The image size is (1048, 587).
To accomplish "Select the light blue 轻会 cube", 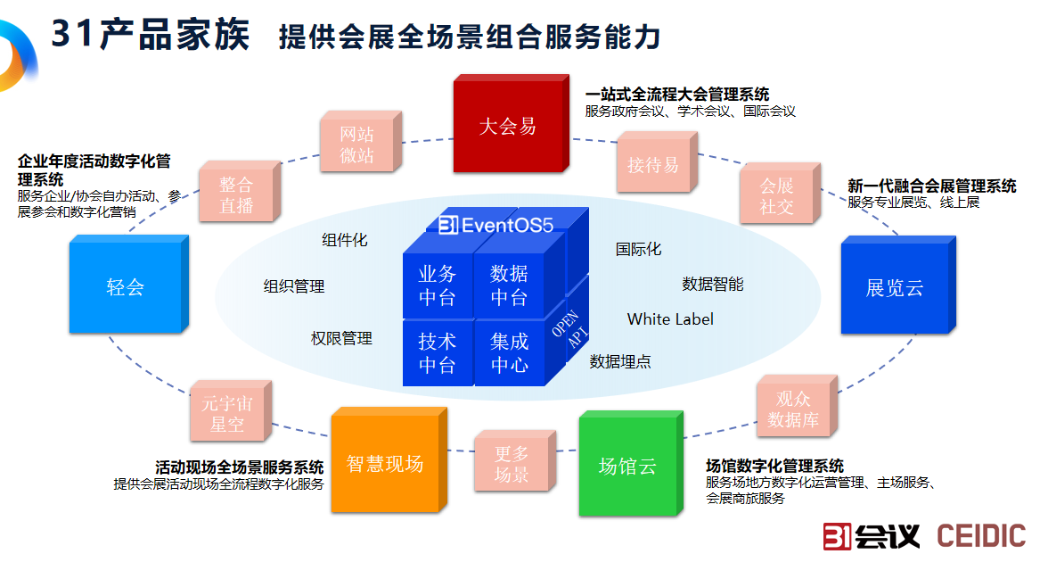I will tap(125, 287).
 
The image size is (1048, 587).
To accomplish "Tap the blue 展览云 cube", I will tap(894, 288).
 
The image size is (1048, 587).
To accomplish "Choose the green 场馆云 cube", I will tap(627, 466).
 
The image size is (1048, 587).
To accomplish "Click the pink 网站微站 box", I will tap(356, 145).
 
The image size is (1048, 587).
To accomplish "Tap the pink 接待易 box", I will tap(652, 165).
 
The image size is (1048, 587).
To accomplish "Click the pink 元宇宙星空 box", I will tap(227, 414).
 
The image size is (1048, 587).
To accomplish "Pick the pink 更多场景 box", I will tap(512, 464).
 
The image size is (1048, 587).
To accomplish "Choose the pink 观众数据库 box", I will tap(793, 409).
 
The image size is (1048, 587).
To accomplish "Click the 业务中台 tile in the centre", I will tap(437, 285).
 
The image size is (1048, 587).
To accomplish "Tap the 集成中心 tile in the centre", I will tap(509, 352).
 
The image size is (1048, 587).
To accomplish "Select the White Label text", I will tap(670, 318).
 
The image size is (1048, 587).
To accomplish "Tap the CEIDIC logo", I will tap(981, 535).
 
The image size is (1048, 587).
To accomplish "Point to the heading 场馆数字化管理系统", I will tap(774, 466).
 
